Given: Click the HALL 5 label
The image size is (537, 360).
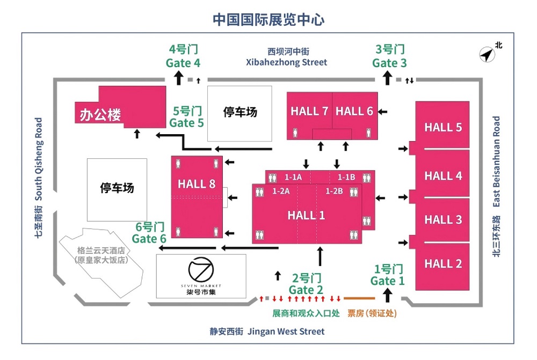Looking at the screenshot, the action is coord(443,127).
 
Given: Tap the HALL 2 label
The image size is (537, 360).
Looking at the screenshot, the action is coord(443,263).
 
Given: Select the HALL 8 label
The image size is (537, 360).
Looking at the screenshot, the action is coord(197,184).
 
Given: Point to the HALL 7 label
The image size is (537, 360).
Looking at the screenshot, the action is coord(309,111).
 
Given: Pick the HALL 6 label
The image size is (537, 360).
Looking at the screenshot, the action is coord(354,111).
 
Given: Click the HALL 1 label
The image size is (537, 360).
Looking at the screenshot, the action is coord(306,215).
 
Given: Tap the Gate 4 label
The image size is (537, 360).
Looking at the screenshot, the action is coord(183,63).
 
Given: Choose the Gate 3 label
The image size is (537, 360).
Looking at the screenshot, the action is coord(389,63).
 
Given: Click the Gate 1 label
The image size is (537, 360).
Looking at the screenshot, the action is coord(387,281).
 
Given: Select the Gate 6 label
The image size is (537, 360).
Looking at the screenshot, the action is coord(149,239).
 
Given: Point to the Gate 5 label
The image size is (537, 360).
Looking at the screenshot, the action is coord(187,122).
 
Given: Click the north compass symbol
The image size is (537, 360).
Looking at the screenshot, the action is coord(487,54).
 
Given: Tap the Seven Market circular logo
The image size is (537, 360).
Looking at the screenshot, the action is coord(201,269).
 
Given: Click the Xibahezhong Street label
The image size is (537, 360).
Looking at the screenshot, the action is coord(287,62).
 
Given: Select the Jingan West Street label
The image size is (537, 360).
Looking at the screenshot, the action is coord(286,331).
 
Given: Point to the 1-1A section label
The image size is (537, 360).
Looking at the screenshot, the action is coord(293,177).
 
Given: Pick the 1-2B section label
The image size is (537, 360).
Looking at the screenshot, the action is coord(334,191).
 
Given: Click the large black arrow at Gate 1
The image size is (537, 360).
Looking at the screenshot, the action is coord(387,295).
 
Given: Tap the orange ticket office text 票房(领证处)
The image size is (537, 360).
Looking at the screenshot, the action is coord(372,313).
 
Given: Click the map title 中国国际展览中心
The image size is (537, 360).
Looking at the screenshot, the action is coord(268,19).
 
